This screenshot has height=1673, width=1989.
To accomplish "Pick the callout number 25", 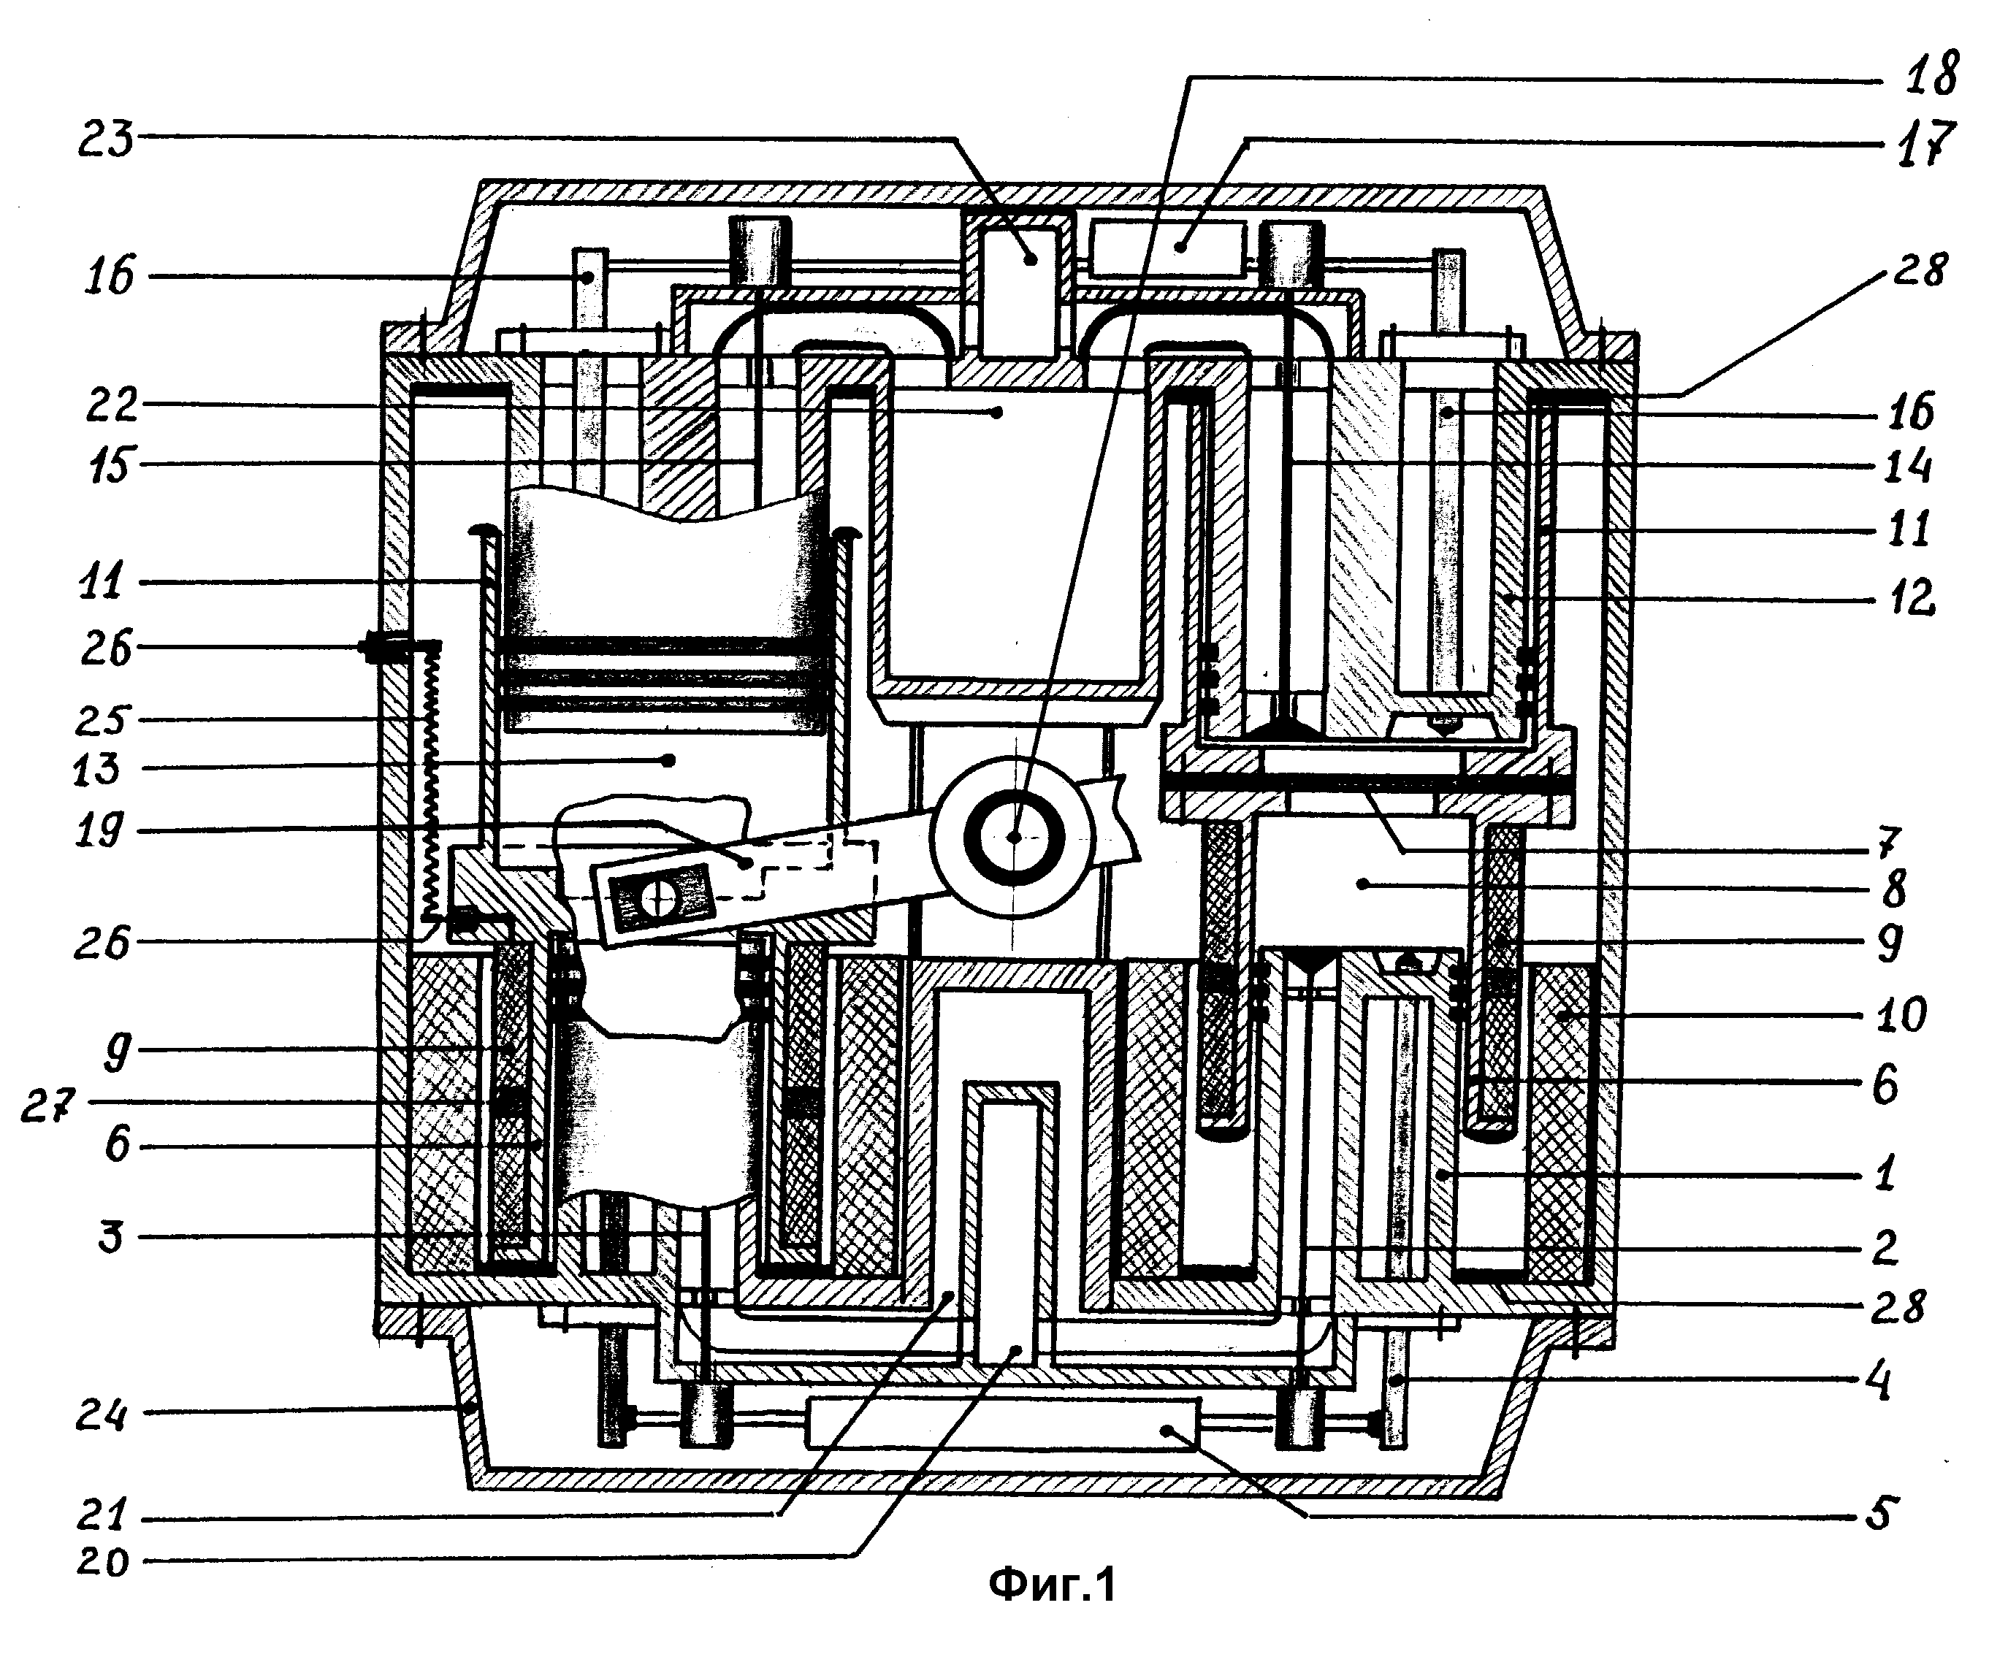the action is pyautogui.click(x=102, y=718).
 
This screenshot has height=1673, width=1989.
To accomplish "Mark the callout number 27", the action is pyautogui.click(x=47, y=1106).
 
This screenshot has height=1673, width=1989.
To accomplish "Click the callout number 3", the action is pyautogui.click(x=112, y=1236).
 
